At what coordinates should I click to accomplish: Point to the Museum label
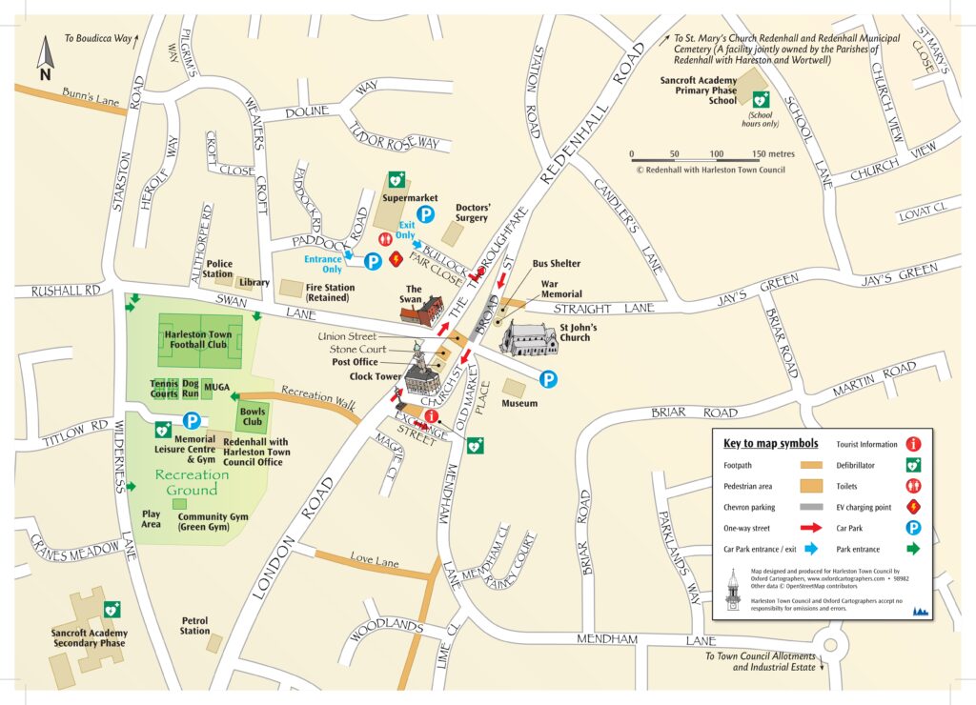(519, 404)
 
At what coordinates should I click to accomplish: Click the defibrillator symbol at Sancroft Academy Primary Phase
(760, 98)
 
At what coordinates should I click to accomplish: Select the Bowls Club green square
(253, 415)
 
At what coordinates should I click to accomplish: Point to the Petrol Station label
(194, 625)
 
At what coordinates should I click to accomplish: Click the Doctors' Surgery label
(472, 212)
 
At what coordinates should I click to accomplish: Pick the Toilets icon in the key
(913, 486)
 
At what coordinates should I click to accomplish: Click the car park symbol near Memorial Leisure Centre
(192, 419)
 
